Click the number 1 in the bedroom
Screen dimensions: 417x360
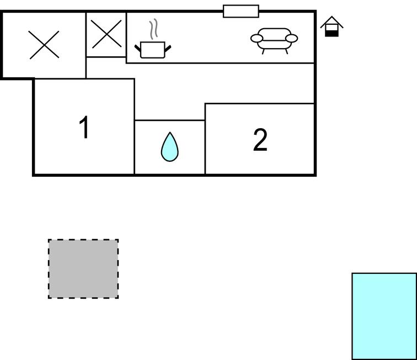[x=84, y=127]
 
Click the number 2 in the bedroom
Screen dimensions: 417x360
[x=260, y=140]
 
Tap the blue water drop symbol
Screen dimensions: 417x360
[x=170, y=147]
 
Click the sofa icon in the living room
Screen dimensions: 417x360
[x=274, y=41]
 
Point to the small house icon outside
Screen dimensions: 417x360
[x=332, y=27]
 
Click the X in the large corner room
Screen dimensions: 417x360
[x=44, y=45]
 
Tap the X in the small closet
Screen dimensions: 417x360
[x=106, y=34]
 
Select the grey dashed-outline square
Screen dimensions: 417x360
[x=83, y=269]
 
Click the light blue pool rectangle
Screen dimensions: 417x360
[x=384, y=316]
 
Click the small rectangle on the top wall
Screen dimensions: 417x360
[x=241, y=11]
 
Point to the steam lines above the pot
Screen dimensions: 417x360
[x=153, y=29]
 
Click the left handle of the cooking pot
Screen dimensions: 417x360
[x=138, y=49]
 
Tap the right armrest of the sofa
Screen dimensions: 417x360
[x=291, y=38]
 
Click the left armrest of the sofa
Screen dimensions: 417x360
[x=257, y=38]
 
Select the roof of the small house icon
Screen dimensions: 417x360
[x=332, y=22]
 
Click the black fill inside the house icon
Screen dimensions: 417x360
[x=332, y=34]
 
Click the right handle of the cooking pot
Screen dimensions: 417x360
[x=168, y=49]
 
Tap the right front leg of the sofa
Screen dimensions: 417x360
[x=286, y=51]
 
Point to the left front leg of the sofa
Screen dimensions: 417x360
[x=263, y=51]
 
